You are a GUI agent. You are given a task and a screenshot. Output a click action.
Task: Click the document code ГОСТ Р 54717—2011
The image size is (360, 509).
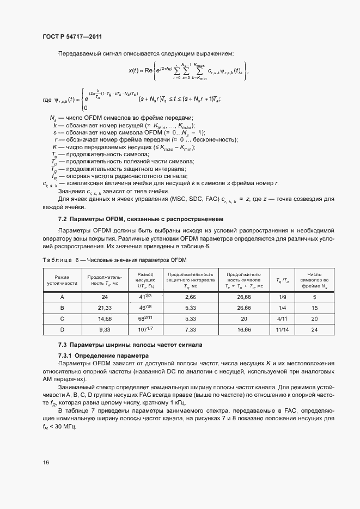coord(72,36)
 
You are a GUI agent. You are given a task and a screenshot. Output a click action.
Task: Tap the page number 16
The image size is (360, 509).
coord(45,463)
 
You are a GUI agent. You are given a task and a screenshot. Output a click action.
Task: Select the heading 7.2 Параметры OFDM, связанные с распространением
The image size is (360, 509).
coord(141,219)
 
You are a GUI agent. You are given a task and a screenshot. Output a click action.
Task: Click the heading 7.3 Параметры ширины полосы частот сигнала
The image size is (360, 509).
coord(130,345)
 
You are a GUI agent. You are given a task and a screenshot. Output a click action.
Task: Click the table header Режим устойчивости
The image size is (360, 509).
coord(62,279)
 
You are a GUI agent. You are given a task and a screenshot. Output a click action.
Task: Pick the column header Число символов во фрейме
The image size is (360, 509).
coord(315,279)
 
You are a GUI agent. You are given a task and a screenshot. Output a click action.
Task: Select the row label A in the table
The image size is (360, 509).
coord(62,297)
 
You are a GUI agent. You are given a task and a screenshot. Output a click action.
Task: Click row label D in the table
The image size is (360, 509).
coord(62,329)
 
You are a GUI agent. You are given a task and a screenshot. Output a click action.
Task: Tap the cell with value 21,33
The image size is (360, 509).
coord(105,308)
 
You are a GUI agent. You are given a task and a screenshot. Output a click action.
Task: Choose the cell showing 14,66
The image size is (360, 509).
coord(105,318)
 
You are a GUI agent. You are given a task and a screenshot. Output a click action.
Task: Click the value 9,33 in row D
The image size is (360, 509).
coord(105,329)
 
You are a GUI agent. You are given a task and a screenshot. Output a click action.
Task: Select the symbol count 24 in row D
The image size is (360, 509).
coord(315,329)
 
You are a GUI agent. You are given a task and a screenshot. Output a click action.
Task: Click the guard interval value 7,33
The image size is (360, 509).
coord(190,329)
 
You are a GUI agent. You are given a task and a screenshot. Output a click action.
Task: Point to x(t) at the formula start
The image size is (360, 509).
coord(135,70)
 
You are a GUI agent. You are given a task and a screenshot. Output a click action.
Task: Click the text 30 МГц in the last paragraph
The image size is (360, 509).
coord(68,426)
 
